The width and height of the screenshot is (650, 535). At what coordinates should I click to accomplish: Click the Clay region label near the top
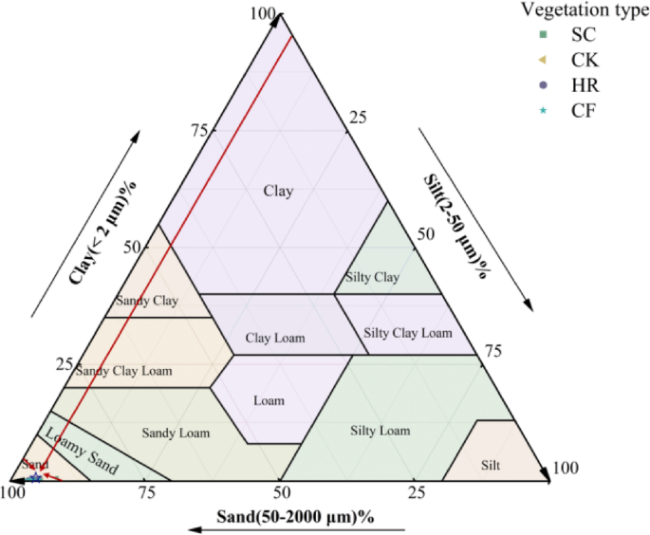tap(279, 191)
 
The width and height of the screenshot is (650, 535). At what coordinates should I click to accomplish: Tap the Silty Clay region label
tap(367, 277)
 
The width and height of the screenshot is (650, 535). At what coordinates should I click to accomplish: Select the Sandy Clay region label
tap(147, 301)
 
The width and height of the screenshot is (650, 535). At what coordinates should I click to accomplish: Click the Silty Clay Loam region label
tap(408, 333)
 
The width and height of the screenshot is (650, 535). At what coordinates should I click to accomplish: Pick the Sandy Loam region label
tap(176, 433)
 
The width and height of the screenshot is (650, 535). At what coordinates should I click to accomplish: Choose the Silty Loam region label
tap(381, 431)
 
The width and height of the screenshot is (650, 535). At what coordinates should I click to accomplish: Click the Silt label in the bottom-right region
tap(491, 465)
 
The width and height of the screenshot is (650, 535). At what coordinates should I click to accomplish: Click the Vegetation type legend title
tap(585, 10)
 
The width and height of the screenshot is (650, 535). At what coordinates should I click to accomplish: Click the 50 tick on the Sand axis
tap(281, 492)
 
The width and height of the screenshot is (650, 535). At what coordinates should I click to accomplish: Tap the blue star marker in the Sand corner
tap(35, 476)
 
